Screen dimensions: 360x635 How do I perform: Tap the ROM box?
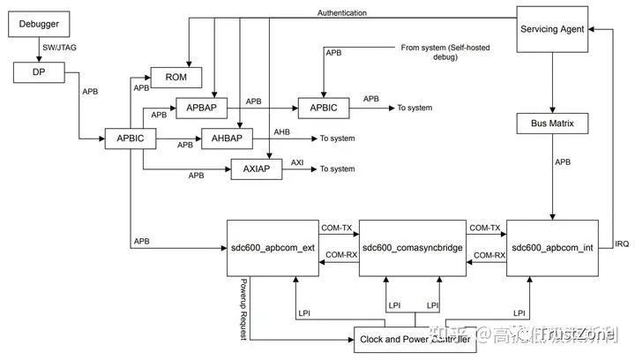tap(176, 76)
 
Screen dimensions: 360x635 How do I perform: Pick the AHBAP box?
tap(227, 138)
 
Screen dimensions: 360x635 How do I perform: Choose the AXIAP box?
tap(256, 169)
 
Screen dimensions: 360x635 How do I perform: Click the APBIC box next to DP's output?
tap(131, 139)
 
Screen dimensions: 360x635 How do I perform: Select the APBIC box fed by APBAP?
tap(323, 109)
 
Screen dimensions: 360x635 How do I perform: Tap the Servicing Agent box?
tap(552, 28)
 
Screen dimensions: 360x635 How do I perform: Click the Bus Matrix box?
tap(552, 124)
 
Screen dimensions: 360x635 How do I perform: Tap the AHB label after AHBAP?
tap(281, 131)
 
